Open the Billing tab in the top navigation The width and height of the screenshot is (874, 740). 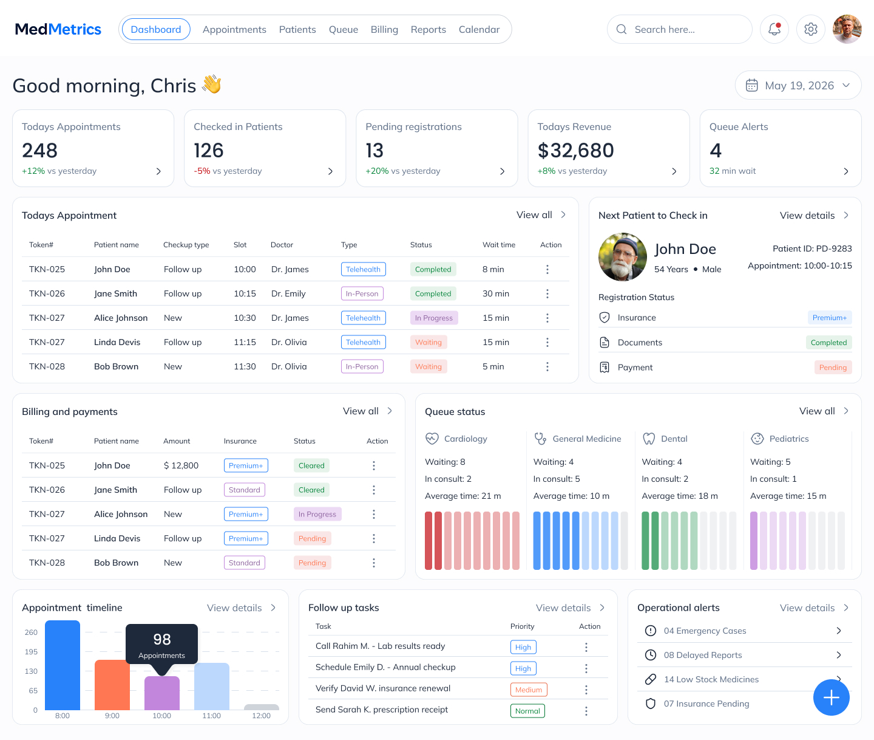tap(384, 29)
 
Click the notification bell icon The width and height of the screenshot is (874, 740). tap(774, 29)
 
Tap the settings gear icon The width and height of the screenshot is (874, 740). tap(810, 29)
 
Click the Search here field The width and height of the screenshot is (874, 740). tap(679, 29)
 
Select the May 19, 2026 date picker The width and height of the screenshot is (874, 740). tap(798, 85)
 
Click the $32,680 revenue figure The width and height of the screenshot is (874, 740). tap(575, 150)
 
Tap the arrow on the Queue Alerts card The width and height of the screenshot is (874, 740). tap(845, 171)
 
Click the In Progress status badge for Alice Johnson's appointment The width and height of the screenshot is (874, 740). tap(433, 318)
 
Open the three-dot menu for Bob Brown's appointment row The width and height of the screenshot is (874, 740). tap(547, 366)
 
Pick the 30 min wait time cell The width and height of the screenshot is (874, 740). tap(495, 293)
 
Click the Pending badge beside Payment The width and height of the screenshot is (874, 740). tap(833, 368)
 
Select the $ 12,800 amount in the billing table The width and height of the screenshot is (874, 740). tap(181, 465)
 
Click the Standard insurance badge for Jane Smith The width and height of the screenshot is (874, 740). tap(245, 490)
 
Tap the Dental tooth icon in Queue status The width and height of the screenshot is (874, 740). tap(648, 439)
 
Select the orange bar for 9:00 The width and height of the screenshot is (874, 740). tap(112, 685)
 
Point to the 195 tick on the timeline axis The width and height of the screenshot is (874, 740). tap(31, 651)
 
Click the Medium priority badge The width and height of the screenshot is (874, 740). tap(528, 690)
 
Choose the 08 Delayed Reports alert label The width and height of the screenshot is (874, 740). tap(702, 655)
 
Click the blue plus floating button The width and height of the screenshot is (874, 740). tap(831, 697)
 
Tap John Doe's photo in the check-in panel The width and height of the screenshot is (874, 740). tap(622, 257)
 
